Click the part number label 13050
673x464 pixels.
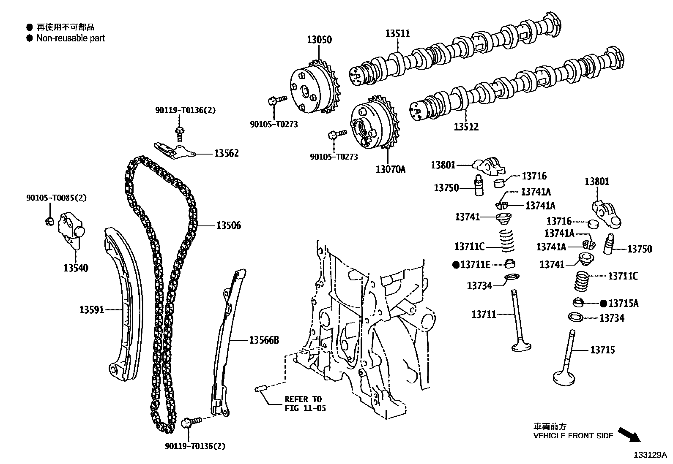(319, 40)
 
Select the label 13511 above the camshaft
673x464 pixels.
(397, 33)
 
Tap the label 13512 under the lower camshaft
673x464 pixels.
(466, 127)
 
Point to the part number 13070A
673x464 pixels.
(390, 170)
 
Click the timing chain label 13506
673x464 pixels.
(228, 226)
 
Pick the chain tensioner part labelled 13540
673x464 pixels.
(70, 231)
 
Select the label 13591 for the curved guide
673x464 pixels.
(91, 310)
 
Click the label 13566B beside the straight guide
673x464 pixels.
(263, 340)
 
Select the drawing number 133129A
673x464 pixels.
(649, 455)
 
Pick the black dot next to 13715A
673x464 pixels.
(603, 303)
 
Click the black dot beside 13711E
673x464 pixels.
(456, 265)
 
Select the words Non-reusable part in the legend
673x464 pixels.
(70, 38)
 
